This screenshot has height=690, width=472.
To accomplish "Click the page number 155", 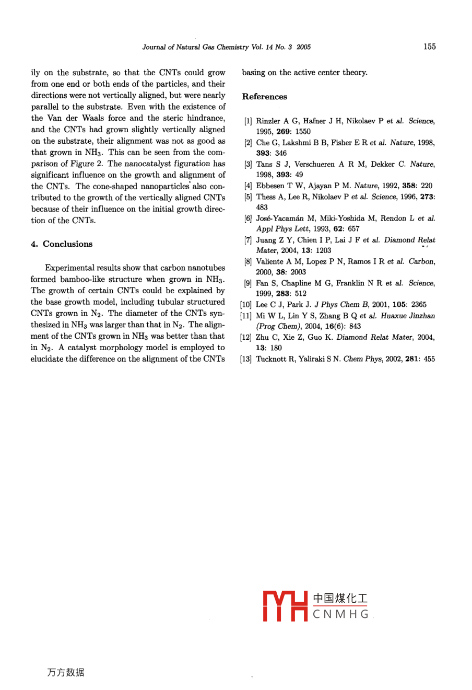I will [x=429, y=47].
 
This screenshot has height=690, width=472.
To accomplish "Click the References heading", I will [x=264, y=97].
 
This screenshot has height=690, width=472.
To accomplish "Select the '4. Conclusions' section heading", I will [x=62, y=244].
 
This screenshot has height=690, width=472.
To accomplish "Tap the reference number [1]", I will [x=248, y=121].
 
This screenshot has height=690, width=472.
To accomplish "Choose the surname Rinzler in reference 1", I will [x=268, y=121].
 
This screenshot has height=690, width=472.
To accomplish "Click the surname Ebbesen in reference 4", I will [x=270, y=186].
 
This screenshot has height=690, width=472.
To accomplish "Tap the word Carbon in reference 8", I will [x=422, y=261].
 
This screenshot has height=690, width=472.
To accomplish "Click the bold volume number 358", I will [x=409, y=186].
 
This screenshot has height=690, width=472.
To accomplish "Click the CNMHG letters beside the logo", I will [x=341, y=615].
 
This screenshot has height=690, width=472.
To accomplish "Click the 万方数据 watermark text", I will [x=65, y=673].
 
